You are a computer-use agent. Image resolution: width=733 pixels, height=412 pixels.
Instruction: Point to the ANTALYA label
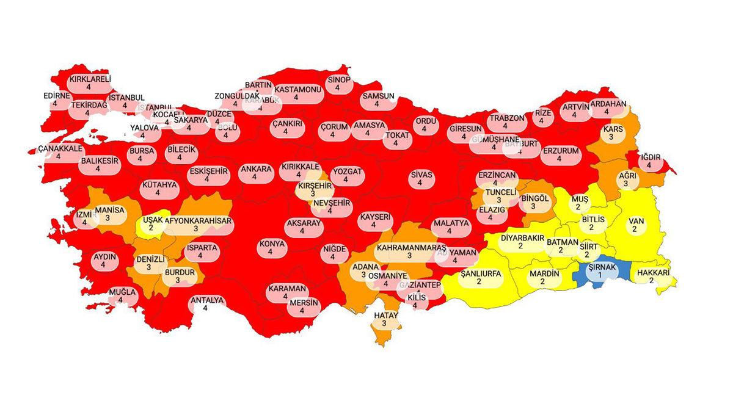point(208,300)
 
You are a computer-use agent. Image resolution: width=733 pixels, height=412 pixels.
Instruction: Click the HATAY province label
point(385,316)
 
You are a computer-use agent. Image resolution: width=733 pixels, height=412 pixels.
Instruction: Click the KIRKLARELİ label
point(89,79)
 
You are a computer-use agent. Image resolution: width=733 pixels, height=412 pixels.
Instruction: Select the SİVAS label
point(421,175)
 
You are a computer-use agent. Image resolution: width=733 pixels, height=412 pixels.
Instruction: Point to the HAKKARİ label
point(652,273)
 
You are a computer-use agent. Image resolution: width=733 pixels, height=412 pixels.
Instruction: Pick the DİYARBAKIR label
point(522,237)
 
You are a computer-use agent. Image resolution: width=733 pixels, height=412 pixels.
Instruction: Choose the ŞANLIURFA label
point(480,274)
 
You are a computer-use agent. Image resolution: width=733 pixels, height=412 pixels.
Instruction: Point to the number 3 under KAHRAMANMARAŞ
point(409,256)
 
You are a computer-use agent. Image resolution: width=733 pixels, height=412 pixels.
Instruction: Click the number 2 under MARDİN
point(544,282)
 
